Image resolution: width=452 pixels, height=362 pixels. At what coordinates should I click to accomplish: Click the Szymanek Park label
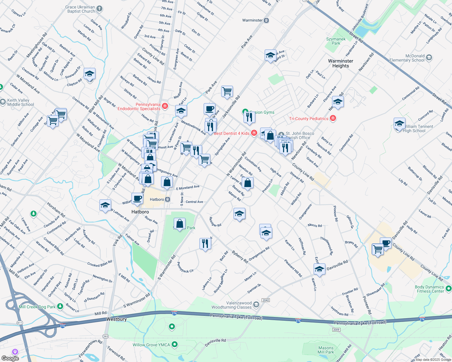click(x=336, y=41)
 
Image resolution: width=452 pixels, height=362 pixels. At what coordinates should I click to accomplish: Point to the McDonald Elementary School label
click(x=407, y=58)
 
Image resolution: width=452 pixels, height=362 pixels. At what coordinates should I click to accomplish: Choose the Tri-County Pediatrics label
click(x=309, y=119)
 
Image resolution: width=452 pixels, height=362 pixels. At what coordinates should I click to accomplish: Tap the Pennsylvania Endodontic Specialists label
click(x=139, y=106)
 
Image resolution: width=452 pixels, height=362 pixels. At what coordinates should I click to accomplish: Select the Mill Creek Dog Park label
click(x=37, y=307)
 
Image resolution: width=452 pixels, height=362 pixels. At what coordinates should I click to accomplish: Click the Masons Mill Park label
click(x=326, y=350)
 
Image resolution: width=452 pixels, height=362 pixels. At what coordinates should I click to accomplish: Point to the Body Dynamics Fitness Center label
click(x=429, y=289)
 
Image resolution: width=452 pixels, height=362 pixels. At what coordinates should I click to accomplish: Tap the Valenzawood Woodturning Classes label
click(x=231, y=305)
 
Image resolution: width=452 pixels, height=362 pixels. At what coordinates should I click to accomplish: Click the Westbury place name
click(x=116, y=319)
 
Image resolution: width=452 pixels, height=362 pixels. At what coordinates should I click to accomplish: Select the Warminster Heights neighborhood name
click(x=341, y=63)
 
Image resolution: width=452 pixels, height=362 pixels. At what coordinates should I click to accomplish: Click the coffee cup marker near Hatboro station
click(x=137, y=198)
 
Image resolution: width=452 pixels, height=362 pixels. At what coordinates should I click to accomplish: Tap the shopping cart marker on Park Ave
click(x=227, y=91)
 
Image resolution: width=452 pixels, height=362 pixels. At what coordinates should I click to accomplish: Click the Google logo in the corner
click(x=10, y=358)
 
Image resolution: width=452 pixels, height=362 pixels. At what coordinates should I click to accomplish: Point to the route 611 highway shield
click(x=20, y=323)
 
